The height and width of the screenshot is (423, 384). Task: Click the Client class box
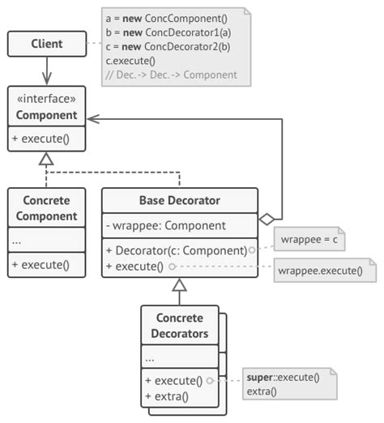point(46,45)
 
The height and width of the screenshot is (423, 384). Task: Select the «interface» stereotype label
point(46,100)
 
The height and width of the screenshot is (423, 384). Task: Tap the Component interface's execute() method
point(41,138)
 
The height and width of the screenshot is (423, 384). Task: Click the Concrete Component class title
point(46,208)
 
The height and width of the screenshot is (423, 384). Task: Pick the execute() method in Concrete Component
point(41,264)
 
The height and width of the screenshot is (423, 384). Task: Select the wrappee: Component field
point(167,225)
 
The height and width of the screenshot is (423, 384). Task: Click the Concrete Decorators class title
point(179,325)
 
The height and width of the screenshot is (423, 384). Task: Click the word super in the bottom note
point(260,378)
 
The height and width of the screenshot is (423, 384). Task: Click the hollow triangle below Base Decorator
point(179,285)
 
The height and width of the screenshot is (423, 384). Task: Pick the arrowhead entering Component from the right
point(92,118)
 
